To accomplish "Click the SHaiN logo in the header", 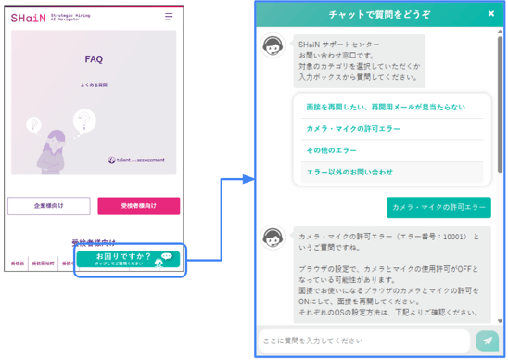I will point(25,18).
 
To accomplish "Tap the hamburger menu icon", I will point(169,17).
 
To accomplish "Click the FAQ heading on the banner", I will point(94,59).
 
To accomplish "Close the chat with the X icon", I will point(491,14).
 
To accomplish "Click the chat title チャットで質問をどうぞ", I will point(379,14).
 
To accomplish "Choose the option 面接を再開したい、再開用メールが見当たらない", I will point(386,108).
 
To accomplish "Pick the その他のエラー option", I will point(332,150).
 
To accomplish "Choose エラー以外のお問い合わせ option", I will point(349,172).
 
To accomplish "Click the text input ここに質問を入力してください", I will point(366,341).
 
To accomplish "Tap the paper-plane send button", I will point(487,341).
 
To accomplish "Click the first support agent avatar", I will point(273,46).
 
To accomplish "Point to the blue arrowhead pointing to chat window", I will point(248,178).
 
